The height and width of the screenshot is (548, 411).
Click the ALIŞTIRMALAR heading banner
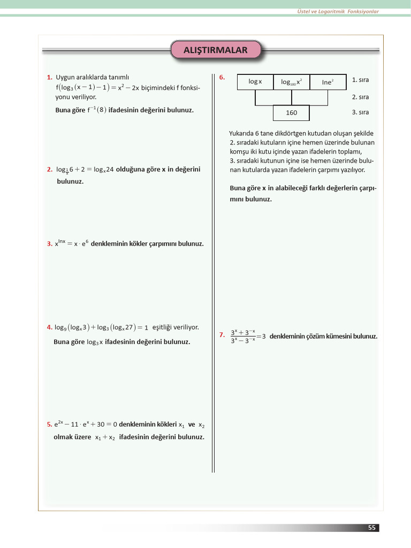[x=216, y=50]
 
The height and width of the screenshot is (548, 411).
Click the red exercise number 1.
[x=49, y=78]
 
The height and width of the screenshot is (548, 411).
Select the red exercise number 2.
[x=49, y=170]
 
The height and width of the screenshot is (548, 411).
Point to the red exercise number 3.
[x=49, y=244]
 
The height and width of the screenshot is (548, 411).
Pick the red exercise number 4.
[x=49, y=327]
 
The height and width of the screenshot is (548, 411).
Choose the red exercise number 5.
[x=49, y=424]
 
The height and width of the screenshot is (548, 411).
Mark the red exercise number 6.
[x=222, y=78]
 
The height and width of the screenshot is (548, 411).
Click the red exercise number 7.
[x=222, y=336]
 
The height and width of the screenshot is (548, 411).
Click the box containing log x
[x=255, y=82]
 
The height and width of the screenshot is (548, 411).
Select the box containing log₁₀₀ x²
[x=292, y=82]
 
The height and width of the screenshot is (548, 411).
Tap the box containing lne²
[x=328, y=82]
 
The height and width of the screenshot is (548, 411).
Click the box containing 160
[x=291, y=113]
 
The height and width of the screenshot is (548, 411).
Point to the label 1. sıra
[x=360, y=80]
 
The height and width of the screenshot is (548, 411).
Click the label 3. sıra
[x=360, y=112]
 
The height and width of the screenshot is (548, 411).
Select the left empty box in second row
[x=273, y=97]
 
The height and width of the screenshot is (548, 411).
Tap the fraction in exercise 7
[x=242, y=336]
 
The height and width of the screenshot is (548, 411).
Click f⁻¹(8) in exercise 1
[x=96, y=110]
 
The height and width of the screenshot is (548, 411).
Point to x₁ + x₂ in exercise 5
[x=105, y=437]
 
